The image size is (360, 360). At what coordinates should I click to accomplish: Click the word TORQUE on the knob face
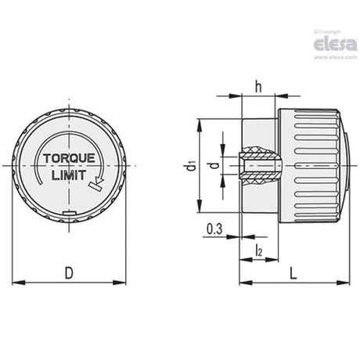tap(69, 158)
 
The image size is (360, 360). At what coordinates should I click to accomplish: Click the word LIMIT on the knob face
tap(69, 175)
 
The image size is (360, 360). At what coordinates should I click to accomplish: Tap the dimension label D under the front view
tap(69, 273)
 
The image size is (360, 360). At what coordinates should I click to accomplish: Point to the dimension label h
tap(258, 87)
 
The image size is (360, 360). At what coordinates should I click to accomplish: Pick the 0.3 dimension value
tap(214, 229)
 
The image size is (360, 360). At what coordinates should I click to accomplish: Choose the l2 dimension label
tap(258, 250)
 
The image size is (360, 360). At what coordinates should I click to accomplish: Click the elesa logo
tap(335, 45)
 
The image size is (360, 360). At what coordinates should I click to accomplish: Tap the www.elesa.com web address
tap(336, 57)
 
